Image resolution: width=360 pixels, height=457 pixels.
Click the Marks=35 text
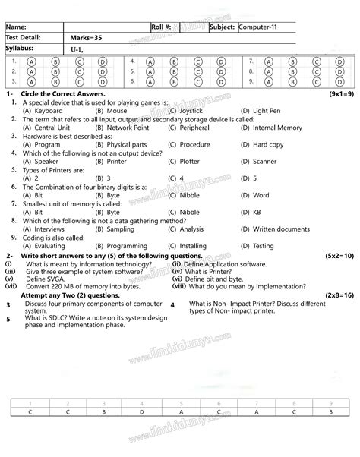click(x=85, y=37)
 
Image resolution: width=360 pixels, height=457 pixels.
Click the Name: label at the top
click(x=16, y=27)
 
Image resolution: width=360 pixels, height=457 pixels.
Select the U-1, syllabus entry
click(x=79, y=49)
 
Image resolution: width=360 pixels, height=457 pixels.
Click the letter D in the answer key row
click(x=141, y=411)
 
